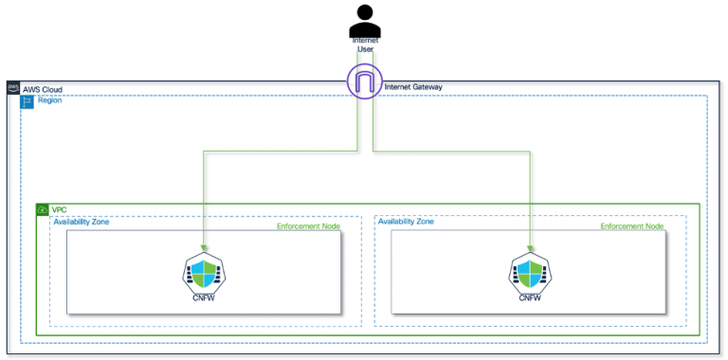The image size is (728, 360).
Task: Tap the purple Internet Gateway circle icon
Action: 364,81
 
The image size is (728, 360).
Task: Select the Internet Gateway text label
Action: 413,87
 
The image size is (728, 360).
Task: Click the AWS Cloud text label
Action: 44,88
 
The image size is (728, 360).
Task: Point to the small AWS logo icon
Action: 13,88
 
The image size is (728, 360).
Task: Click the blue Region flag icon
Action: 27,101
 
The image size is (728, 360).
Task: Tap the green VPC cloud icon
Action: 42,209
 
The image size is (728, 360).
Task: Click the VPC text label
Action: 60,209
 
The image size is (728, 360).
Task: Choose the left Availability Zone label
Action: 82,222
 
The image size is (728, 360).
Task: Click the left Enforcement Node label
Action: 308,226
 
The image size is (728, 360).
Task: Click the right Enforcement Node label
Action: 632,226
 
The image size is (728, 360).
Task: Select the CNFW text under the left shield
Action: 203,297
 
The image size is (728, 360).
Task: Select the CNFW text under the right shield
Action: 528,297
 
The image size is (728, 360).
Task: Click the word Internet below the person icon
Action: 365,41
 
